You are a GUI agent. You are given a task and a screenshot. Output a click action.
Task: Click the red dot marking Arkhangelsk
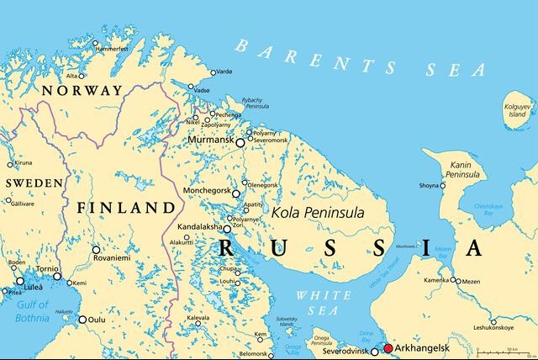click(x=388, y=348)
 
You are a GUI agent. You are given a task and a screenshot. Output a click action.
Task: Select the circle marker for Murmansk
click(x=240, y=143)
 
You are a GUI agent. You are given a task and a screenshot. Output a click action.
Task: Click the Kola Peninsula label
click(x=318, y=213)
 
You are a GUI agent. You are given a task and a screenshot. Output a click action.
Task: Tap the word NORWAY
click(x=82, y=90)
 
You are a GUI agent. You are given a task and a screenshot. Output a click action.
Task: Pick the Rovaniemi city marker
click(x=96, y=250)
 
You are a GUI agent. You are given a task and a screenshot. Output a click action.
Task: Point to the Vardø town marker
click(x=213, y=72)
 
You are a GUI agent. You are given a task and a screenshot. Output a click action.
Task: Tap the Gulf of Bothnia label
click(x=24, y=311)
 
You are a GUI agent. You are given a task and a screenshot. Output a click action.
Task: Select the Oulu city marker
click(x=82, y=320)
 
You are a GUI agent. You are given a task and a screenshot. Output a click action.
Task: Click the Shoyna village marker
click(x=442, y=185)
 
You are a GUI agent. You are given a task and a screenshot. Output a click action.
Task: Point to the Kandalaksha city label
click(x=198, y=228)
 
